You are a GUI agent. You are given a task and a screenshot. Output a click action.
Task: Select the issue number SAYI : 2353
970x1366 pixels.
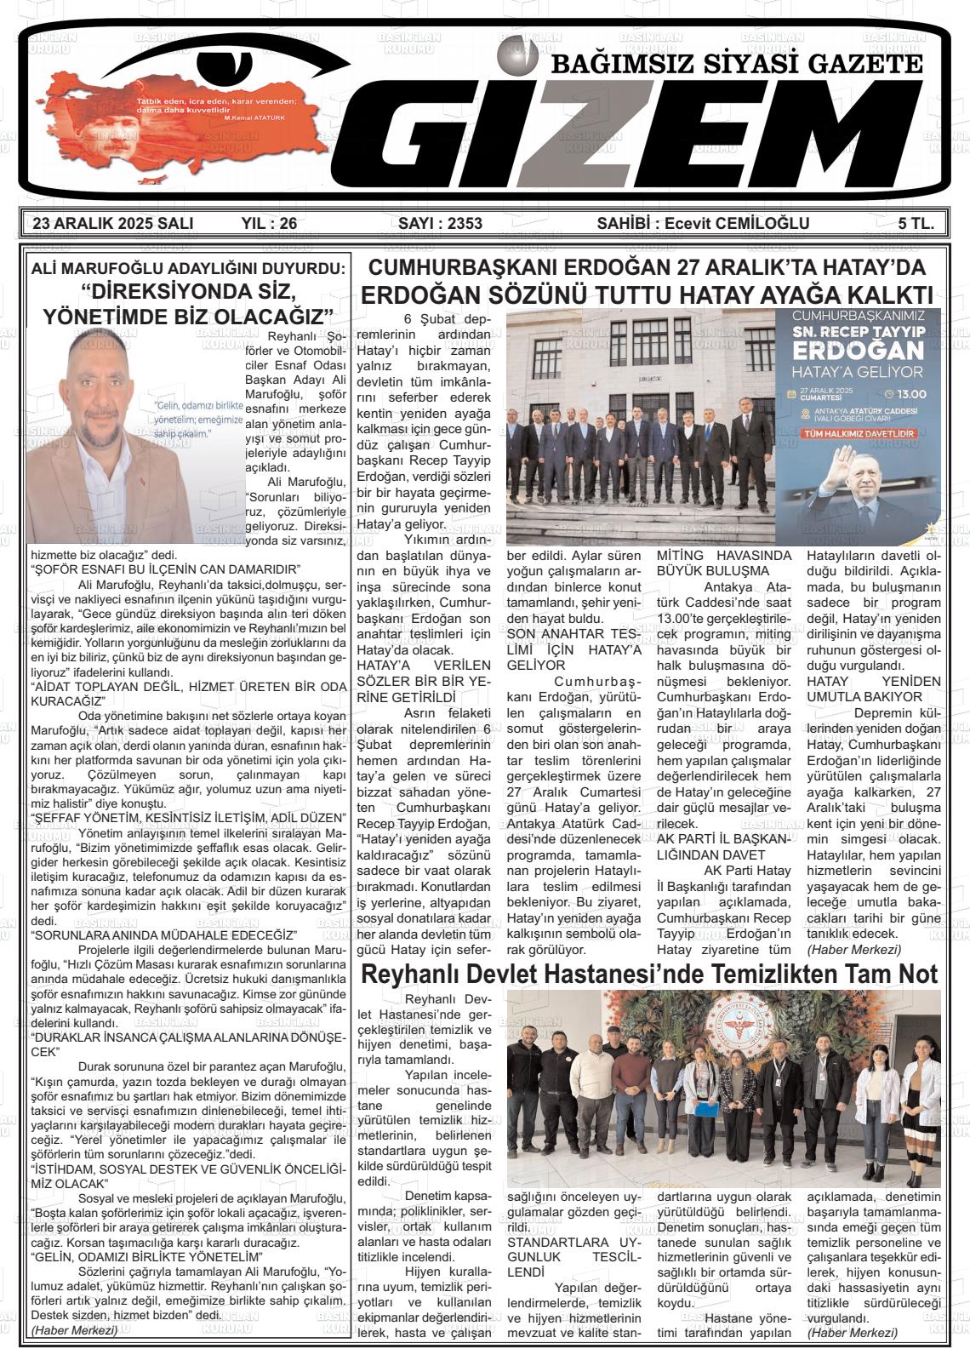tap(440, 224)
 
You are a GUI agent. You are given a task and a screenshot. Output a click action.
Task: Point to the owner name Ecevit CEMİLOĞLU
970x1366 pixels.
tap(737, 224)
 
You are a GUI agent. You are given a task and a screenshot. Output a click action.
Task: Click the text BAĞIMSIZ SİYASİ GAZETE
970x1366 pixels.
tap(737, 65)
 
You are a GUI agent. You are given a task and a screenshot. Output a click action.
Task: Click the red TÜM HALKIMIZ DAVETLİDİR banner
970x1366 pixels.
tap(859, 434)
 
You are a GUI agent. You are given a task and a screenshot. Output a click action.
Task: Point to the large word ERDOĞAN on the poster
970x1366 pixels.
tap(859, 351)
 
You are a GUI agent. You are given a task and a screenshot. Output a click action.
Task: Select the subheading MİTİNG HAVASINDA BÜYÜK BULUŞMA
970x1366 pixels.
tap(724, 563)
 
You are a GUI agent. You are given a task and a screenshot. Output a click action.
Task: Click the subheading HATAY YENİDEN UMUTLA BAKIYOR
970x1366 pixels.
tap(874, 689)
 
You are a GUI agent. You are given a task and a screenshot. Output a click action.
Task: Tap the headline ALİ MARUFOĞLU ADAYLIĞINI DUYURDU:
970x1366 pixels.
tap(188, 269)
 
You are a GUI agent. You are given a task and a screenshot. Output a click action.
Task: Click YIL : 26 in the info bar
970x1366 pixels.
tap(269, 224)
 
